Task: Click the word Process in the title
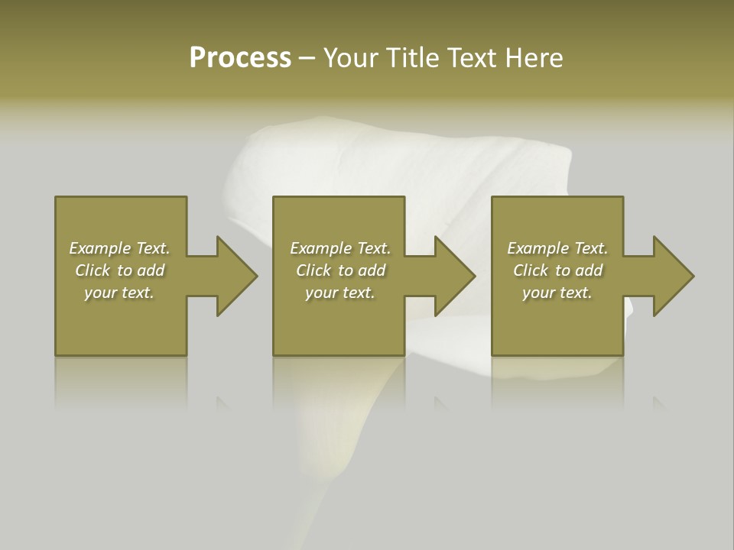[240, 58]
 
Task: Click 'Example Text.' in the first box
[119, 248]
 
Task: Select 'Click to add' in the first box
[119, 270]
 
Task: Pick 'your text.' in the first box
[119, 293]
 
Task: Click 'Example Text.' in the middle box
[339, 248]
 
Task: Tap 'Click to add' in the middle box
[339, 270]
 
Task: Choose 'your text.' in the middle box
[339, 293]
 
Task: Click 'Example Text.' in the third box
[557, 248]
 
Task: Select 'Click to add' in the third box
[557, 270]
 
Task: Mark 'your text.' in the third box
[557, 293]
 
